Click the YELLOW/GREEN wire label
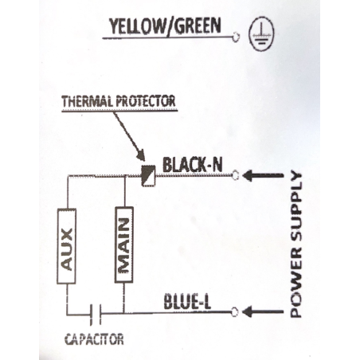click(165, 26)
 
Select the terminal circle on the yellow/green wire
click(236, 37)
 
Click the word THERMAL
click(88, 101)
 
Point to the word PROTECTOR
click(147, 101)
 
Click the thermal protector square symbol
click(148, 175)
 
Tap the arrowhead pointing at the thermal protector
click(141, 155)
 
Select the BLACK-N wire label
click(192, 165)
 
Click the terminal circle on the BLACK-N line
click(236, 175)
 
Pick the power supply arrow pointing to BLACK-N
click(263, 175)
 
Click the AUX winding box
click(66, 246)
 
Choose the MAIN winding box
click(124, 245)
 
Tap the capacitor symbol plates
click(96, 315)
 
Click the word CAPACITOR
click(94, 339)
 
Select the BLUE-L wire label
click(187, 301)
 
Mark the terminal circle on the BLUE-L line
click(234, 312)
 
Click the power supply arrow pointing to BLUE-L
click(263, 311)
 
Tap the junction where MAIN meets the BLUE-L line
click(123, 313)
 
